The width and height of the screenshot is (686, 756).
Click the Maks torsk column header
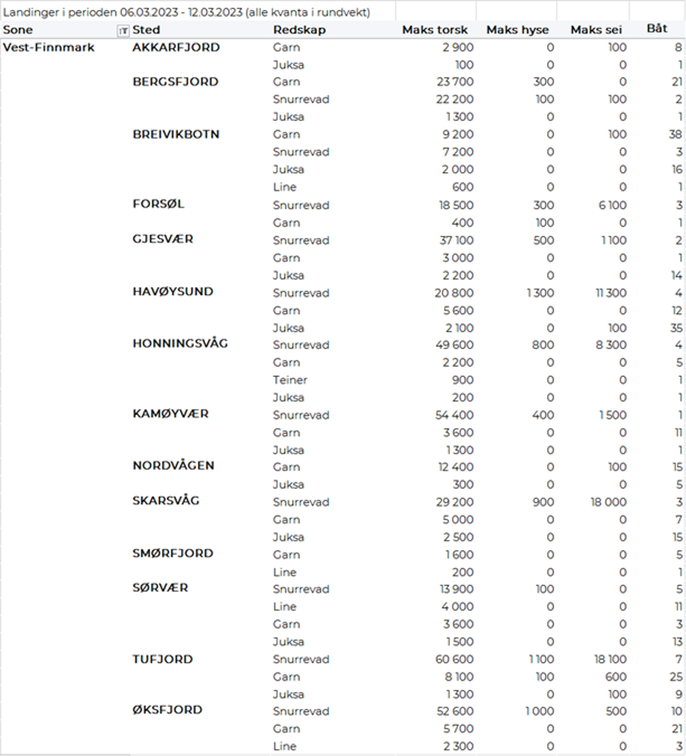click(x=435, y=30)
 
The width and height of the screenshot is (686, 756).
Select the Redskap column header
click(x=299, y=30)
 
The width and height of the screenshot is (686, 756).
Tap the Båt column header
click(x=657, y=29)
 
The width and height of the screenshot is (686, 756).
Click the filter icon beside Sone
click(x=123, y=30)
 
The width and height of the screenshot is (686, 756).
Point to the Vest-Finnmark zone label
click(x=49, y=48)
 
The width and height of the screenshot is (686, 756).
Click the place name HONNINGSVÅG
click(x=180, y=344)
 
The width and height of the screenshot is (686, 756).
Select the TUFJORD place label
click(x=162, y=659)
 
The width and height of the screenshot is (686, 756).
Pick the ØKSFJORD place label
click(x=167, y=710)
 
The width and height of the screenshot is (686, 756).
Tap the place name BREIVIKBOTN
click(x=176, y=134)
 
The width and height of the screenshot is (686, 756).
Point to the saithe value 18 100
click(x=608, y=660)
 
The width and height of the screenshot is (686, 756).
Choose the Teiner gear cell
click(x=290, y=380)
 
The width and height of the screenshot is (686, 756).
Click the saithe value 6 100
click(x=612, y=205)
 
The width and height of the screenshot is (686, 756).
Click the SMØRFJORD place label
click(x=173, y=553)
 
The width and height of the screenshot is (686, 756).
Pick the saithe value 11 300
click(x=609, y=293)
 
